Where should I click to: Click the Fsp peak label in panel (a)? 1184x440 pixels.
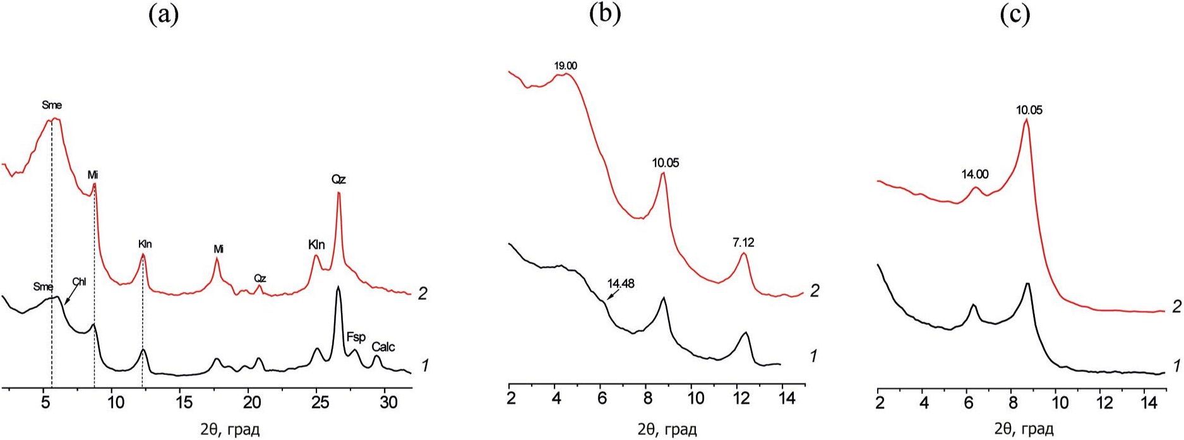coord(356,338)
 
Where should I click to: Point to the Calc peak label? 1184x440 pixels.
coord(383,347)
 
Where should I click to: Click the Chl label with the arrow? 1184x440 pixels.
coord(79,282)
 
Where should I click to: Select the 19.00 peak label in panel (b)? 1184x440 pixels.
coord(565,66)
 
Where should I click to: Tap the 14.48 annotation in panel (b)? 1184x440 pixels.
coord(621,284)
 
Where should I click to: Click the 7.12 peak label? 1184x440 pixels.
coord(743,242)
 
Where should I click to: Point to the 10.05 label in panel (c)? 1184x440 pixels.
coord(1029,110)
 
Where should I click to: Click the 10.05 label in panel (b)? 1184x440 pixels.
coord(666,163)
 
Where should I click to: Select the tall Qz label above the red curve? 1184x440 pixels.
coord(339,180)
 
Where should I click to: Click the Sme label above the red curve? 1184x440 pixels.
coord(52,105)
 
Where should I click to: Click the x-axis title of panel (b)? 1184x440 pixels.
coord(667,430)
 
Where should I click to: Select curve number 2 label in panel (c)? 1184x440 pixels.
coord(1176,307)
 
